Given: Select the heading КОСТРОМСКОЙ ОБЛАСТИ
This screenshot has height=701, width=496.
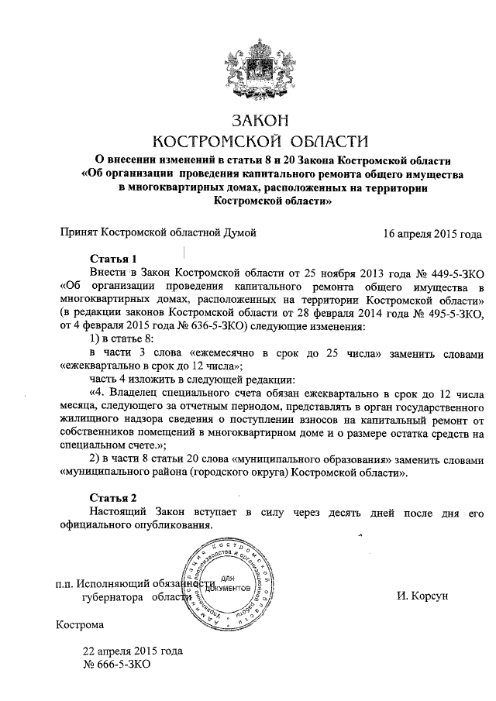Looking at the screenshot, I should click(x=259, y=141).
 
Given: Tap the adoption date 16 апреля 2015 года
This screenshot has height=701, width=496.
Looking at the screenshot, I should click(x=433, y=232).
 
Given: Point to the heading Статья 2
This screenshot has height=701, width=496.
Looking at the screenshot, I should click(x=113, y=497).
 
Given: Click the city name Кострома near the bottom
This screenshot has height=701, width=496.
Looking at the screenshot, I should click(x=80, y=624).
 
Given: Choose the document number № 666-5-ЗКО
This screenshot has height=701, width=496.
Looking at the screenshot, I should click(x=115, y=665).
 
